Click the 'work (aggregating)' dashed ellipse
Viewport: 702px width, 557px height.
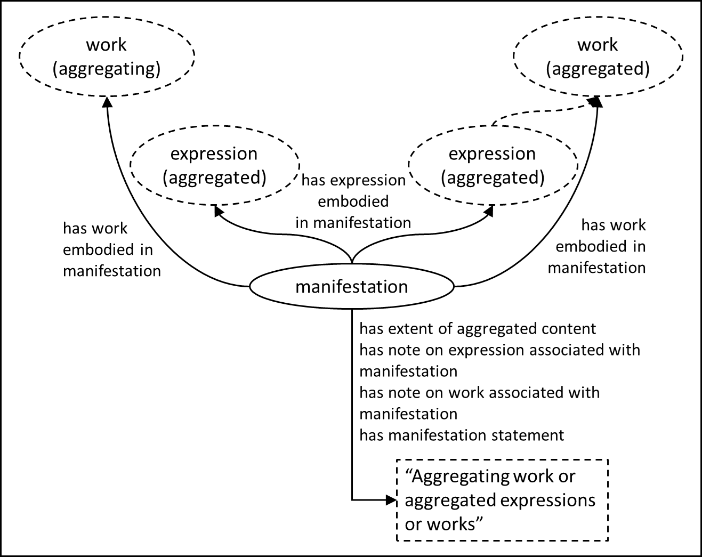[107, 56]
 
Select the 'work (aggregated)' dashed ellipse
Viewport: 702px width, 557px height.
[598, 56]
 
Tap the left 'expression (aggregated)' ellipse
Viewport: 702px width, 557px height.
[214, 165]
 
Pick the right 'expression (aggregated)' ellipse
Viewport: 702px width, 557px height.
[493, 165]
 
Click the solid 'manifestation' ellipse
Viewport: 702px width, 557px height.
[352, 287]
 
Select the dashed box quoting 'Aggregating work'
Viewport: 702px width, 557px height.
[502, 500]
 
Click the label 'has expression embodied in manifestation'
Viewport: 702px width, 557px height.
[353, 201]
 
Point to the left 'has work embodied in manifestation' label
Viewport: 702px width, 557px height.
[111, 249]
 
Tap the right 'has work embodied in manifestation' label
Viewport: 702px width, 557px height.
[597, 246]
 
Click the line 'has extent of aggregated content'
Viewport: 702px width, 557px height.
[478, 329]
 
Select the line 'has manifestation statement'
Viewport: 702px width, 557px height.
[462, 435]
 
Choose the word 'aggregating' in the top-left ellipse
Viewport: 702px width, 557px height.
[107, 69]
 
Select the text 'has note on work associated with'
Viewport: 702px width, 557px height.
[479, 393]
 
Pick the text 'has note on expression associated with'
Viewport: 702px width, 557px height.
[499, 350]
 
